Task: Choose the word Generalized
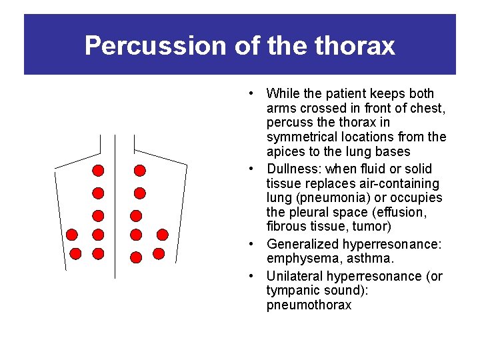(302, 245)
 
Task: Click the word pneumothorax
(308, 305)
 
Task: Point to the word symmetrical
(301, 137)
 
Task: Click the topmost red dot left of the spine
(98, 170)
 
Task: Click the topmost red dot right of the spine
(139, 170)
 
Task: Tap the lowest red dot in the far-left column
(75, 253)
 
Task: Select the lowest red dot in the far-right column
(159, 253)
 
